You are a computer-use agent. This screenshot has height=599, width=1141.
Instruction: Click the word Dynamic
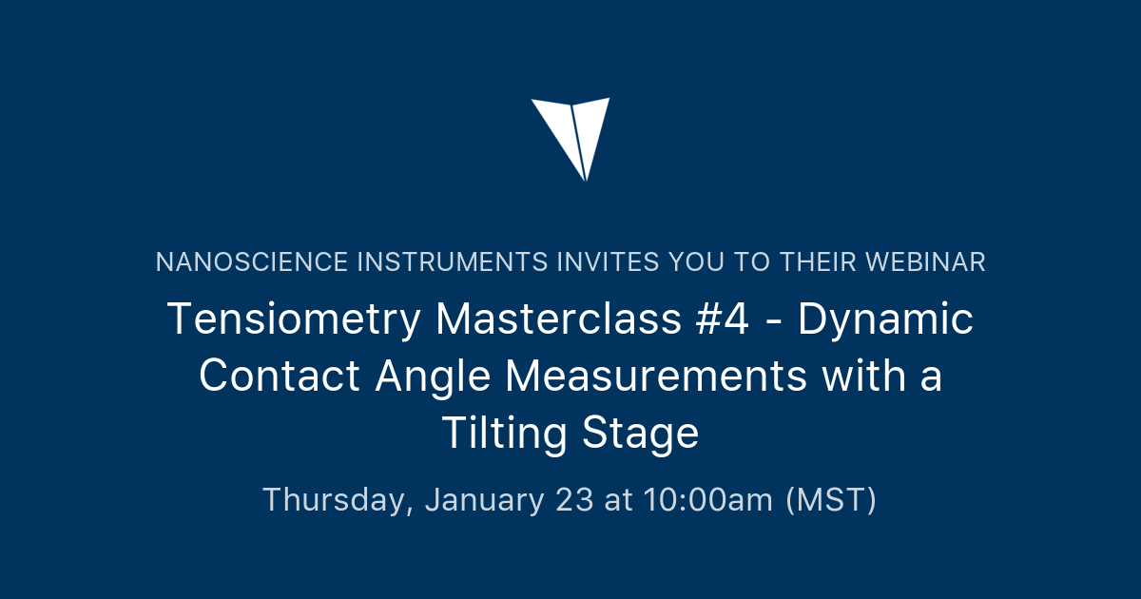886,319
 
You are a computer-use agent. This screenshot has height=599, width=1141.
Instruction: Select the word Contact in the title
280,377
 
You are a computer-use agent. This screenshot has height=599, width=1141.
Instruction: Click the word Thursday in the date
338,499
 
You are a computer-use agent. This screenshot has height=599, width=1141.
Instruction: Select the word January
485,499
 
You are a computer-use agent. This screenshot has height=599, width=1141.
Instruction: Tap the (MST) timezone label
830,499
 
